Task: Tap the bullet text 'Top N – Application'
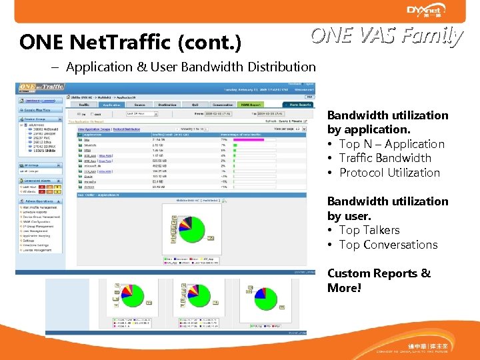click(x=391, y=144)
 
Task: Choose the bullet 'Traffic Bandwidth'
click(x=385, y=158)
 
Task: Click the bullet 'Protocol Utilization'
click(x=389, y=173)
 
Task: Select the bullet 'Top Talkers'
click(x=369, y=230)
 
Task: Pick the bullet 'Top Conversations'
click(x=388, y=245)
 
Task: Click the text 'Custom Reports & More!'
click(x=379, y=281)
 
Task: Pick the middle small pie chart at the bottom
click(x=194, y=299)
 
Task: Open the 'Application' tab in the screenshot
click(x=111, y=105)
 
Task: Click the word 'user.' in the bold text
click(x=357, y=216)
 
